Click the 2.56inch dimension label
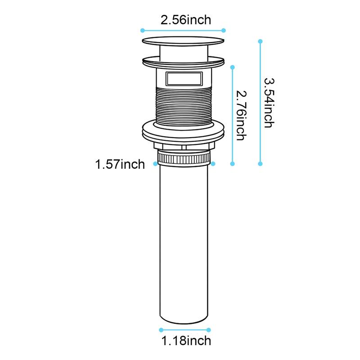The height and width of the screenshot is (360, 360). (x=186, y=20)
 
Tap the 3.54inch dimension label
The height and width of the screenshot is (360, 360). (x=268, y=103)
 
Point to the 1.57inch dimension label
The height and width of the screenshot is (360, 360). (x=120, y=165)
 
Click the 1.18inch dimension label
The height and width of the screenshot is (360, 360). (x=186, y=340)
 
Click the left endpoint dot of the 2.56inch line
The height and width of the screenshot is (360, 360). (x=142, y=30)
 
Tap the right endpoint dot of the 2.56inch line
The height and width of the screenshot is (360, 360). (x=224, y=30)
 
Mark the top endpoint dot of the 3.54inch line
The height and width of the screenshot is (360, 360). (x=260, y=41)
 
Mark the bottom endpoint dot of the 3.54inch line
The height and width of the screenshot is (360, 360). (x=260, y=164)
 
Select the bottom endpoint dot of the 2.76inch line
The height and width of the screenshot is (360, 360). (x=233, y=164)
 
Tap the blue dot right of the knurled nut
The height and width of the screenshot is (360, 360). (x=213, y=164)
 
